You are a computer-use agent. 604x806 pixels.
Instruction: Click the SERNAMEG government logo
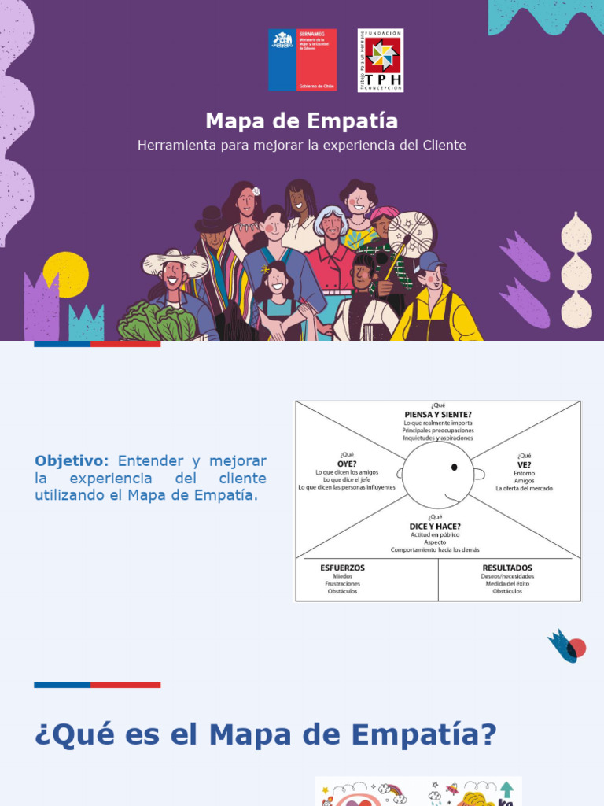click(302, 60)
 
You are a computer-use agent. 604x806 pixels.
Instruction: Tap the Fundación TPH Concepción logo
click(381, 60)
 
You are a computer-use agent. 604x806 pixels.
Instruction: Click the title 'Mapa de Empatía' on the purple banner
click(302, 121)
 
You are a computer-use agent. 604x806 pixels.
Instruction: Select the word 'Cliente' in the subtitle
click(444, 146)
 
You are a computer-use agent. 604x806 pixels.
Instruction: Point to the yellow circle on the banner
click(66, 273)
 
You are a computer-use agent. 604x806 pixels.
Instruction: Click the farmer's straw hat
click(175, 261)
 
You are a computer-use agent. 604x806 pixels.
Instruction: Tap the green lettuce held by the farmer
click(157, 322)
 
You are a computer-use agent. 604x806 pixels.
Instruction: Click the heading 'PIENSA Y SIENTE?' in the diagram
click(438, 415)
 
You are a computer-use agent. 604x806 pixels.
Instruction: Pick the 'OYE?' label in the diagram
click(347, 464)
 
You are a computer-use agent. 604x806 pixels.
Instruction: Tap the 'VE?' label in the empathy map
click(524, 464)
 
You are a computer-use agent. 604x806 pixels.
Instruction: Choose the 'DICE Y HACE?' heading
click(435, 526)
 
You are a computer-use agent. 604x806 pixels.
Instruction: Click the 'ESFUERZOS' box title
click(342, 568)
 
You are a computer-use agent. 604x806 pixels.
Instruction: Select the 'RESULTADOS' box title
click(507, 568)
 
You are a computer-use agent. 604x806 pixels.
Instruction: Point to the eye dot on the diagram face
click(454, 468)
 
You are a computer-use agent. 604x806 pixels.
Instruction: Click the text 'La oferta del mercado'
click(524, 489)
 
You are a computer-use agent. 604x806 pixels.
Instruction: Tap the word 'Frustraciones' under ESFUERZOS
click(342, 584)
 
